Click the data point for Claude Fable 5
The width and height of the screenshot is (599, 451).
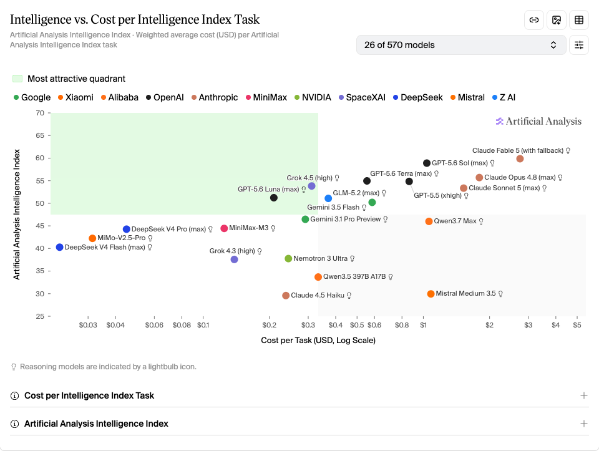pyautogui.click(x=520, y=159)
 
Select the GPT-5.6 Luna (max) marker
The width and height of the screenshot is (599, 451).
pyautogui.click(x=273, y=198)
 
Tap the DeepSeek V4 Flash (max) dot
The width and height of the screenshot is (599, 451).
pyautogui.click(x=60, y=248)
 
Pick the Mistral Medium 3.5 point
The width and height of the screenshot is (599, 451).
pyautogui.click(x=431, y=294)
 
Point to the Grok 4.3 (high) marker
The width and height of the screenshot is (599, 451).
pyautogui.click(x=234, y=259)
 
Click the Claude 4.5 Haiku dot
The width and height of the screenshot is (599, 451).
pyautogui.click(x=286, y=296)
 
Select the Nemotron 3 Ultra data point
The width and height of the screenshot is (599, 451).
pyautogui.click(x=288, y=258)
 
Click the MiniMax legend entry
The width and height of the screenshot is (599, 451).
pyautogui.click(x=266, y=97)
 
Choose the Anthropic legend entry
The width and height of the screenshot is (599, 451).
pyautogui.click(x=215, y=97)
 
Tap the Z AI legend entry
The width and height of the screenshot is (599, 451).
pyautogui.click(x=504, y=97)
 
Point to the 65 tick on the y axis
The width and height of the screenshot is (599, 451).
pyautogui.click(x=40, y=135)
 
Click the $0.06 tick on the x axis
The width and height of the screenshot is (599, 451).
pyautogui.click(x=154, y=325)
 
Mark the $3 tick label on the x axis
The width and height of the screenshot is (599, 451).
pyautogui.click(x=528, y=325)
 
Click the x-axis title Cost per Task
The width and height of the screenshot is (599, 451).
pyautogui.click(x=318, y=340)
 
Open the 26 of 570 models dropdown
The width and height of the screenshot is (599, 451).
pyautogui.click(x=461, y=45)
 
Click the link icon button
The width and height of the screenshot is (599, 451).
pyautogui.click(x=534, y=20)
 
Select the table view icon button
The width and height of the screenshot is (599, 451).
pyautogui.click(x=579, y=20)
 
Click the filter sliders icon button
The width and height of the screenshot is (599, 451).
pyautogui.click(x=579, y=45)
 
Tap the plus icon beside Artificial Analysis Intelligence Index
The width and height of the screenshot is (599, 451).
pyautogui.click(x=584, y=424)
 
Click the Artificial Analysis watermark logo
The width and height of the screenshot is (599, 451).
pyautogui.click(x=538, y=122)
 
